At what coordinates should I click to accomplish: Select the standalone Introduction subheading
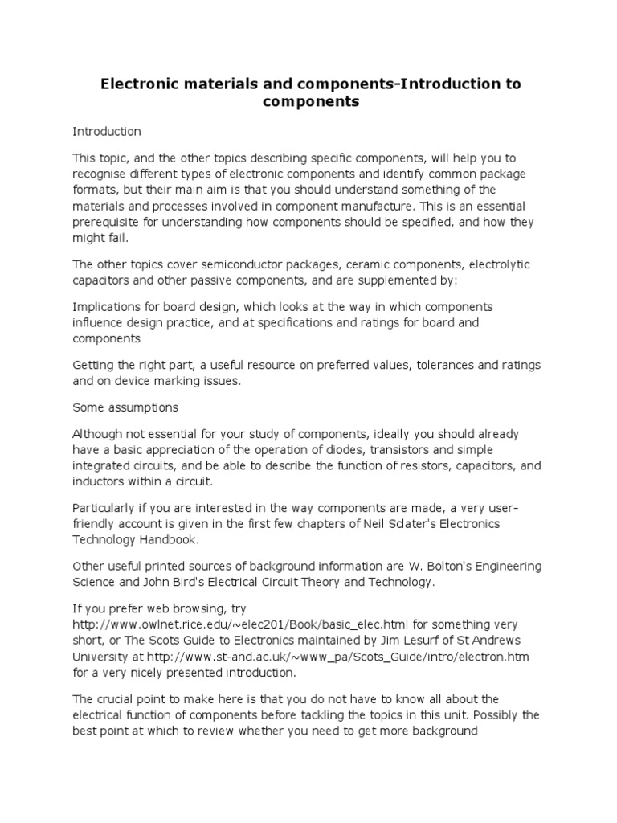pos(107,131)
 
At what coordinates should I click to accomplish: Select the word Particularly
pos(105,509)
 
